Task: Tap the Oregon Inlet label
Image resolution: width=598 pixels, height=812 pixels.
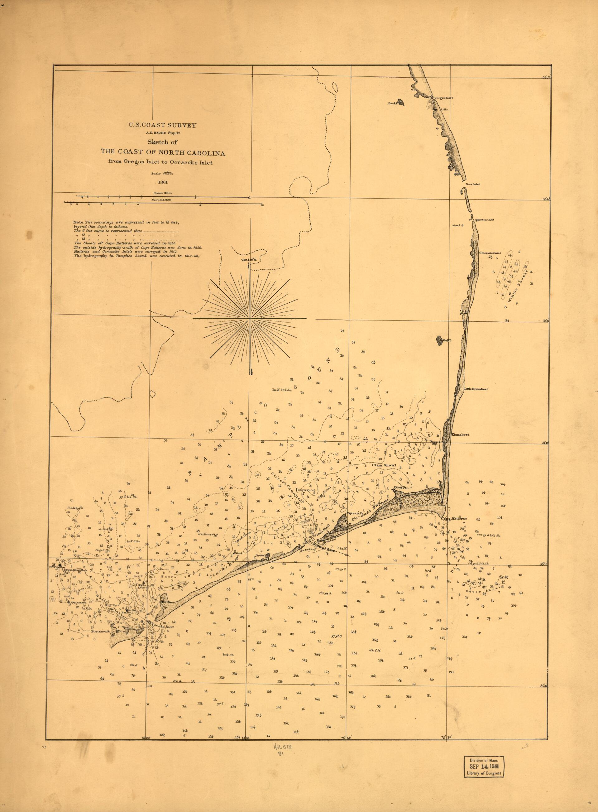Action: (x=444, y=98)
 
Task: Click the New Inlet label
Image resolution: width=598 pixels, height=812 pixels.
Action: (x=473, y=184)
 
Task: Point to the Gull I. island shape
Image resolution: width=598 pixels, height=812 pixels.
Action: (x=439, y=340)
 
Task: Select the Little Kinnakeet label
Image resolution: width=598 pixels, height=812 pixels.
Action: (x=476, y=389)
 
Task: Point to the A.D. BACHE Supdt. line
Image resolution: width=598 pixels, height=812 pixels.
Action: (x=163, y=133)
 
